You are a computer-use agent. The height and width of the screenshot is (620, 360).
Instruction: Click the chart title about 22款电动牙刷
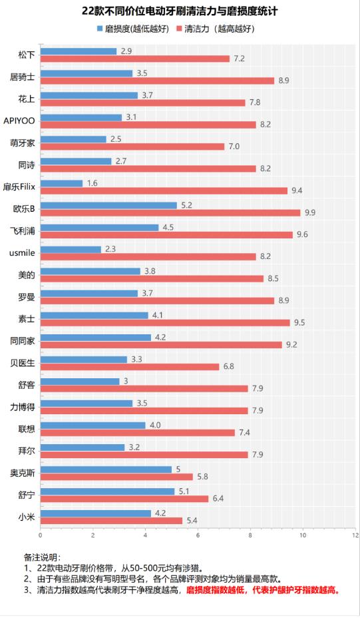point(180,11)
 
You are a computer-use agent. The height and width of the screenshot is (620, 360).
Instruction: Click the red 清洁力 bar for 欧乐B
point(170,212)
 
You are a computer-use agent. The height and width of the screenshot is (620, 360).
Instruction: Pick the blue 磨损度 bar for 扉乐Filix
point(62,182)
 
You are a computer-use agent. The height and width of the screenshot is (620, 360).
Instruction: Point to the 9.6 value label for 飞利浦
point(302,234)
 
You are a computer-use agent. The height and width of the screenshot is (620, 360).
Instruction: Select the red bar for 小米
point(111,520)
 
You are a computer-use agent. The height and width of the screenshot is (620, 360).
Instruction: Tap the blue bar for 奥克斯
point(106,469)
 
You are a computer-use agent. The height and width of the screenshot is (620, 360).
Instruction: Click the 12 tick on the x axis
point(355,534)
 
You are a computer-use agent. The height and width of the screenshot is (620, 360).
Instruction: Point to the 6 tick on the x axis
point(198,534)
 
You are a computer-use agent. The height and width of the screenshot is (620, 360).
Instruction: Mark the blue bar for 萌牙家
point(73,139)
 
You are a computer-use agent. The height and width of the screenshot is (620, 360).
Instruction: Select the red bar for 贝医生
point(130,366)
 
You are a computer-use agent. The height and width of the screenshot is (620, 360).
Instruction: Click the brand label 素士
point(27,318)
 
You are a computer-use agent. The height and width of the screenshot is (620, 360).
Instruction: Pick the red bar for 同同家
point(161,344)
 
